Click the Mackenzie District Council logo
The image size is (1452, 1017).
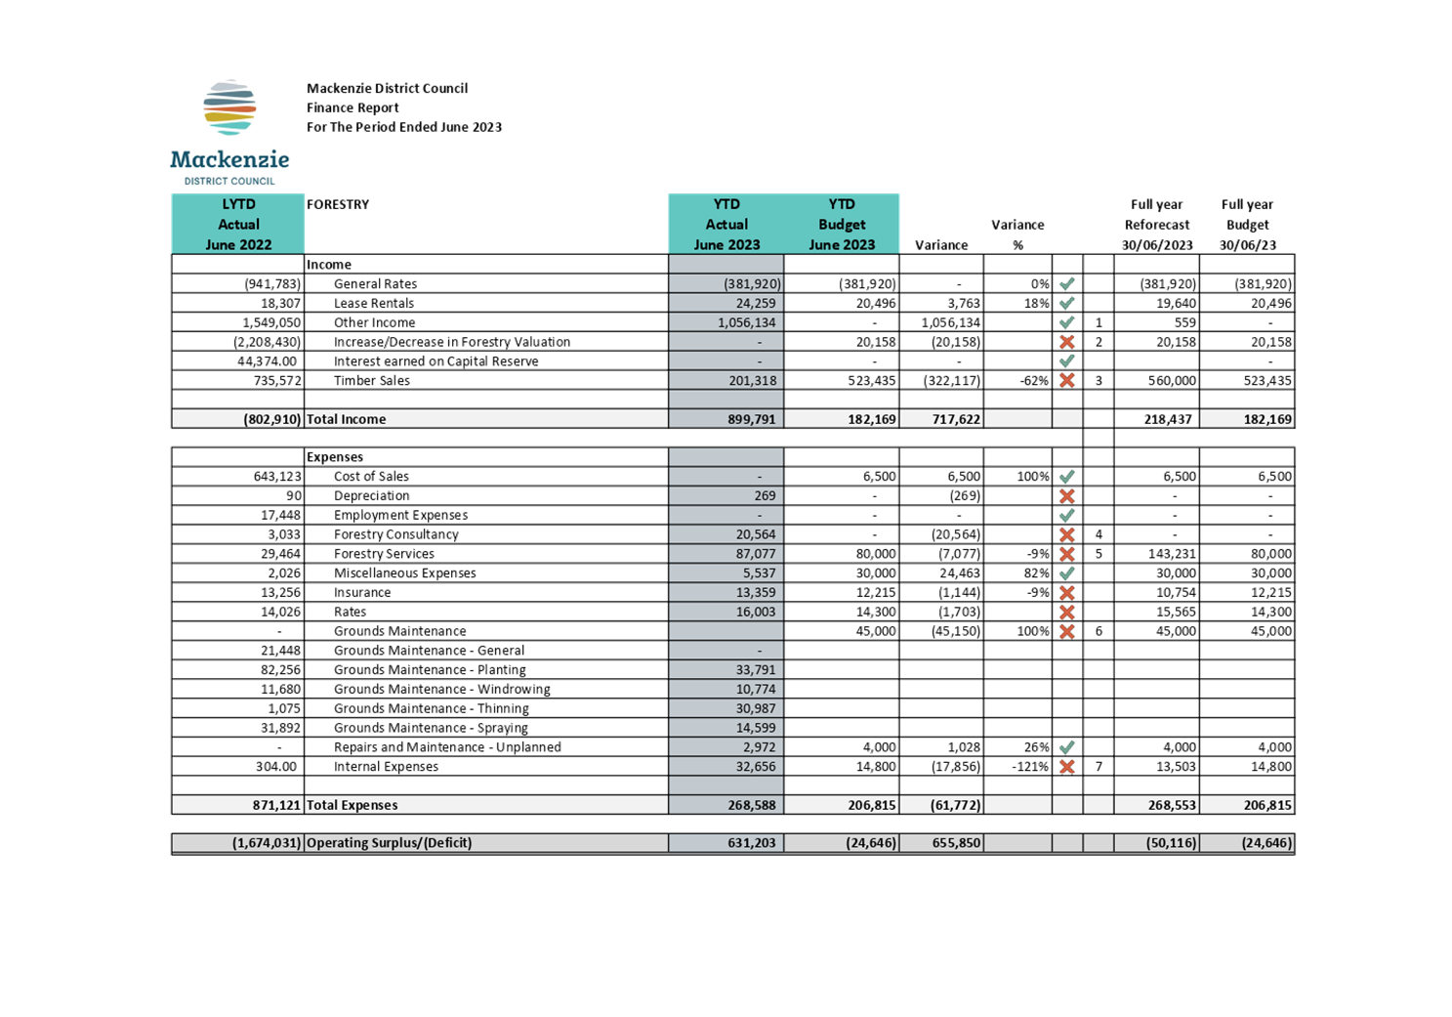pos(229,132)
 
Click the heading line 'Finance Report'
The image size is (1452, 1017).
pos(353,107)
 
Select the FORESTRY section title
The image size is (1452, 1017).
pos(338,204)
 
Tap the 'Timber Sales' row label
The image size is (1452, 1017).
pos(371,381)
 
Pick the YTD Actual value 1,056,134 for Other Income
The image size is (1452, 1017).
pos(747,322)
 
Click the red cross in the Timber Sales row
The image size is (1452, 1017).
pos(1067,381)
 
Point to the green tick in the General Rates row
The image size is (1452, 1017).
pos(1067,283)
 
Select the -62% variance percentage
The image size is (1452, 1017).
pos(1034,381)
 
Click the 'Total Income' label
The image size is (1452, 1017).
pos(346,419)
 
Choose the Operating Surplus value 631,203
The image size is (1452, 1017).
pos(751,842)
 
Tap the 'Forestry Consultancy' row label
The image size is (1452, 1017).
pos(396,534)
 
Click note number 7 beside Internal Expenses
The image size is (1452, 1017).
pos(1099,766)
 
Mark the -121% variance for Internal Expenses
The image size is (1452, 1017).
pos(1030,766)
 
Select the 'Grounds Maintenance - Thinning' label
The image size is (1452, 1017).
pos(431,708)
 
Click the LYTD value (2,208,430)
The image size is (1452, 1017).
pos(268,342)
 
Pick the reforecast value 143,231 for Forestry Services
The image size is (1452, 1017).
pos(1176,554)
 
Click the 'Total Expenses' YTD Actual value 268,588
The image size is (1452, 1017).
pos(751,805)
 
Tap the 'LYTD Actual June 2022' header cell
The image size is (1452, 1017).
pos(238,224)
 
